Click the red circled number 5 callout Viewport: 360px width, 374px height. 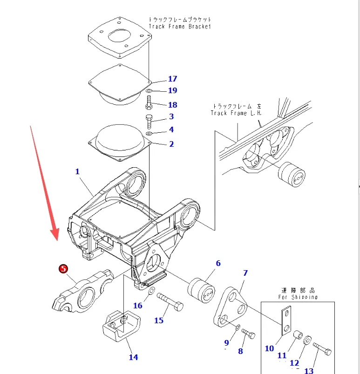tap(63, 269)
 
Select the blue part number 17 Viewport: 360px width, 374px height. tap(172, 79)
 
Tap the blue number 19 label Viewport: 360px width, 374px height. tap(172, 90)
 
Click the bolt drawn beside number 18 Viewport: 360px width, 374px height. tap(149, 102)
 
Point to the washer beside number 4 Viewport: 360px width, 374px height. tap(149, 134)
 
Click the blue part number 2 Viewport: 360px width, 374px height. tap(171, 144)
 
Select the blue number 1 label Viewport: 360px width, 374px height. tap(77, 171)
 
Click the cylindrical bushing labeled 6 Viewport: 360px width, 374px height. tap(201, 291)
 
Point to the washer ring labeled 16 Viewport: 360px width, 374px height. tap(152, 292)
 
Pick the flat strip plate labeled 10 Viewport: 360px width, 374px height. tap(285, 321)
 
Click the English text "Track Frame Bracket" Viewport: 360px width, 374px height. tap(179, 27)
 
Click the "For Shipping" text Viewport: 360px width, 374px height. tap(298, 297)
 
